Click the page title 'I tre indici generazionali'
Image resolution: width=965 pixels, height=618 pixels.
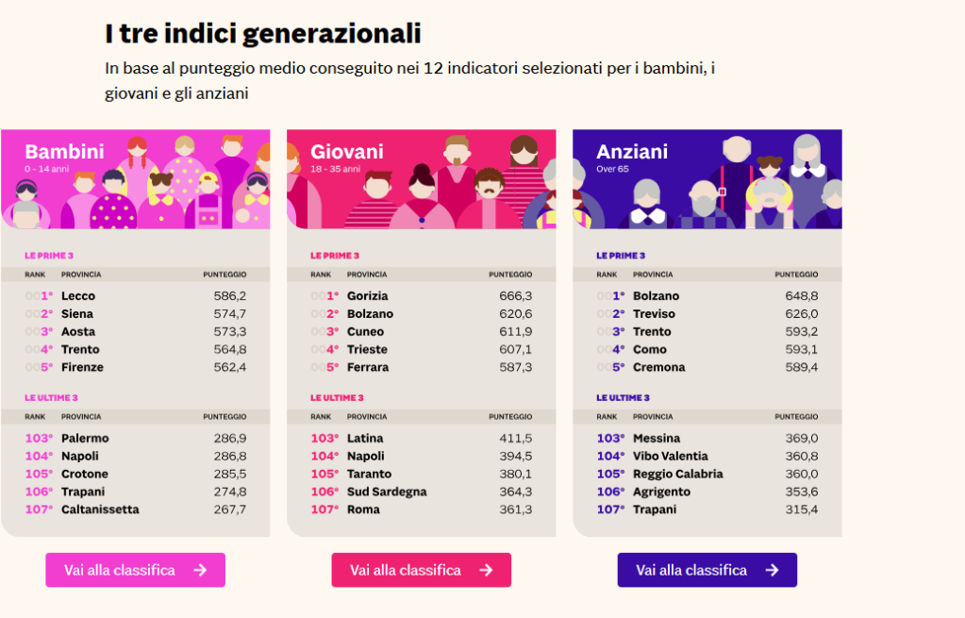pos(262,34)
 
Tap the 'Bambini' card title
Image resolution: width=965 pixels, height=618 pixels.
pos(64,152)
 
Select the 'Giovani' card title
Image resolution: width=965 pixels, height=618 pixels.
pos(346,152)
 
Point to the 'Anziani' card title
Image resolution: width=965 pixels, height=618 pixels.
pos(632,152)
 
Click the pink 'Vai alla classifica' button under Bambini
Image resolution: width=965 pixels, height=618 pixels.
pos(135,570)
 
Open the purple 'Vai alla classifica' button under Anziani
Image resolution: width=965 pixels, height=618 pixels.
pos(707,570)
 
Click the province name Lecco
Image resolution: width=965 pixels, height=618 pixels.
pos(78,296)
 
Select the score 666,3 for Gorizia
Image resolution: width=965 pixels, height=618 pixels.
pos(515,296)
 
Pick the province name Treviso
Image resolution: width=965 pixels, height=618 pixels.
pos(654,314)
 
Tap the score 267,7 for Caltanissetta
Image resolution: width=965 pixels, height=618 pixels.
pos(229,509)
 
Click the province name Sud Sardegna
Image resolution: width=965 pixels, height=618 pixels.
pos(387,492)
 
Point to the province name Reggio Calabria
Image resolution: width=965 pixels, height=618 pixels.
pos(677,474)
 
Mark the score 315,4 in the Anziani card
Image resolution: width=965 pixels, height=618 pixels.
pos(801,509)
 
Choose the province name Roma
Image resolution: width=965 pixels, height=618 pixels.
pos(363,509)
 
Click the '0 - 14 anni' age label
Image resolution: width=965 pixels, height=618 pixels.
pos(47,169)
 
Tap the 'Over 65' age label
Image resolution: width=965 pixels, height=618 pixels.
pos(612,169)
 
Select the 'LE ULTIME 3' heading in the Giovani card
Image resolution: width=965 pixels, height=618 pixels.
pos(337,398)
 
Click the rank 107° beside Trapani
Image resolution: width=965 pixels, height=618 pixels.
pos(610,509)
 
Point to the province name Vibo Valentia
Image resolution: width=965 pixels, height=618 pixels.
pos(670,456)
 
